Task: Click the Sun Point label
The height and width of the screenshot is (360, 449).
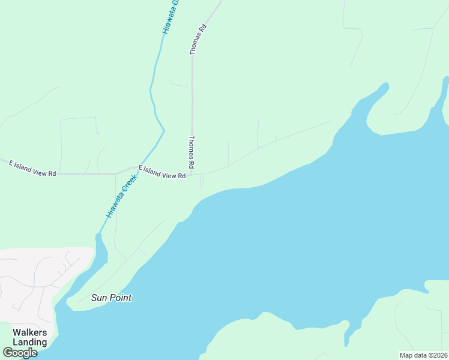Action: pos(111,298)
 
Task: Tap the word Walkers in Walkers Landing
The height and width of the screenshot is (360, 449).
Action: pos(30,332)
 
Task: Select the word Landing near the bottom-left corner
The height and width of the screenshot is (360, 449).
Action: pos(30,342)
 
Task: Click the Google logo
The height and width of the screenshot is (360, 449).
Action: pos(20,352)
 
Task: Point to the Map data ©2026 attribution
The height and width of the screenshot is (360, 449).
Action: pos(423,355)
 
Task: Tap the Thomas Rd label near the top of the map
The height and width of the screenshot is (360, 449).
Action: pos(198,40)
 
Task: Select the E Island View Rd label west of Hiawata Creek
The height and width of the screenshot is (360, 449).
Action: pos(32,168)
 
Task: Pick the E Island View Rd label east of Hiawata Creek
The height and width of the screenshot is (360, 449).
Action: pos(161,172)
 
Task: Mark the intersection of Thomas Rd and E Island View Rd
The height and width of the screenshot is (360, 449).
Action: pos(192,175)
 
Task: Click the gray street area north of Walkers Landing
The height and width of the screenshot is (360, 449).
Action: pos(36,276)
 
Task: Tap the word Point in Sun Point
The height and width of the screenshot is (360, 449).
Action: pos(120,298)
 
